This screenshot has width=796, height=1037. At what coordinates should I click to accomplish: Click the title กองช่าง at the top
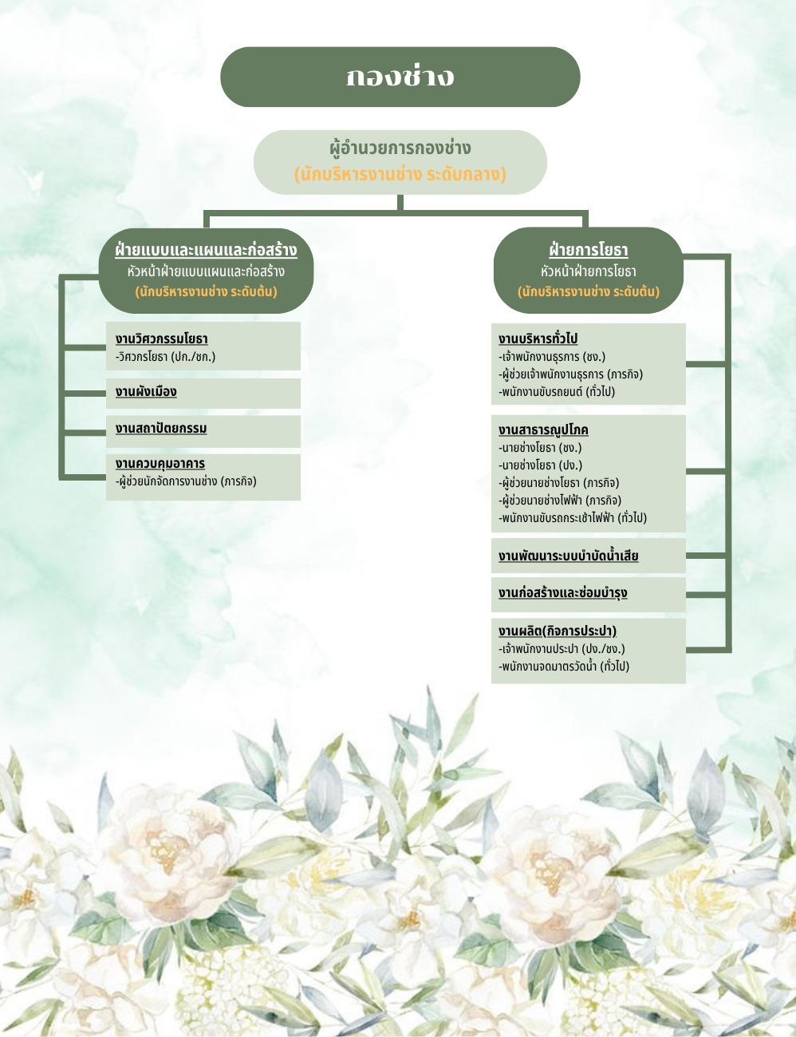tap(400, 77)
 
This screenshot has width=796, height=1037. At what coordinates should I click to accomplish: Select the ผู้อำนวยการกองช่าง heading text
tap(400, 148)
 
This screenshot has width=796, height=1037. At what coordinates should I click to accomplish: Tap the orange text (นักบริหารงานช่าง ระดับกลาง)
tap(400, 174)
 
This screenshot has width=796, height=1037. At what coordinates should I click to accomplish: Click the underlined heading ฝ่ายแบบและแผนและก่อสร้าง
tap(206, 250)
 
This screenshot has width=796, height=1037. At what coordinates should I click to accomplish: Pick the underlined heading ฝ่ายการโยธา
tap(589, 250)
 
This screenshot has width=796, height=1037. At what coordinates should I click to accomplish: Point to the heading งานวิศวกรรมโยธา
tap(161, 339)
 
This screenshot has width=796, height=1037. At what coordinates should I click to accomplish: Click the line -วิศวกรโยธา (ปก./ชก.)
tap(165, 357)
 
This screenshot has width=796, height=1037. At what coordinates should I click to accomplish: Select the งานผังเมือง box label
tap(146, 392)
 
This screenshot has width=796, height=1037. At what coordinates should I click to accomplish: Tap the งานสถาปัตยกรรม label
tap(161, 429)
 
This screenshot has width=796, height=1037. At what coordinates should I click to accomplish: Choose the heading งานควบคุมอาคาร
tap(160, 464)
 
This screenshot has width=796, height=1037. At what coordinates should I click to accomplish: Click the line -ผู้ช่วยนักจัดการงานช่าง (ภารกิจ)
tap(186, 481)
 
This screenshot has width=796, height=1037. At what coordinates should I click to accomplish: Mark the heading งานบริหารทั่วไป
tap(538, 339)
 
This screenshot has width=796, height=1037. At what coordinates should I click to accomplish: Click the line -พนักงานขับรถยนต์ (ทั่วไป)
tap(557, 392)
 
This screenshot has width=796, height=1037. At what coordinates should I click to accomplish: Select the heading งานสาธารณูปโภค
tap(543, 430)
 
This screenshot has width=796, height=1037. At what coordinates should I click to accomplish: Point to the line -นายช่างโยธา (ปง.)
tap(540, 465)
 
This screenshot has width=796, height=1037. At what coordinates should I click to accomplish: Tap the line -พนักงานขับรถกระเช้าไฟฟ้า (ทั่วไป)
tap(573, 518)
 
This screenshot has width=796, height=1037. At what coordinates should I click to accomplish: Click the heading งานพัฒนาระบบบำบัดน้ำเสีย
tap(568, 556)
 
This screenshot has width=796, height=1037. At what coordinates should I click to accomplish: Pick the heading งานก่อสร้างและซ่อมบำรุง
tap(562, 593)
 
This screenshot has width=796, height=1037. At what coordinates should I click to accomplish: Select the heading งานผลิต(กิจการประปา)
tap(557, 631)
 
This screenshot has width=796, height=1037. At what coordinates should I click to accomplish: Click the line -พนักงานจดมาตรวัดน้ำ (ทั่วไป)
tap(564, 667)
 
